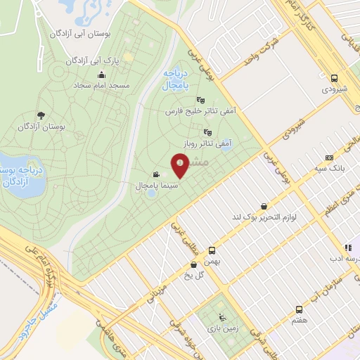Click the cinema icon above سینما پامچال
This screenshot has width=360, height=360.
(155, 175)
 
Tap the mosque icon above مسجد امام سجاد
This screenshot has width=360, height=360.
(101, 75)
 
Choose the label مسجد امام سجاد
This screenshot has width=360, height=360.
(101, 85)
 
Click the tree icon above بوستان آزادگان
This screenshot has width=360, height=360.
(40, 115)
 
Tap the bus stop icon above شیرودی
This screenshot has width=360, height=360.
(335, 79)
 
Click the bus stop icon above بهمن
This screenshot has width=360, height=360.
(212, 250)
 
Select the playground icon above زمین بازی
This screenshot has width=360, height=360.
(223, 317)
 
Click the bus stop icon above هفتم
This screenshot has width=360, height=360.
(300, 309)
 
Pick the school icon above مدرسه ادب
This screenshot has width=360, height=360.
(347, 247)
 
